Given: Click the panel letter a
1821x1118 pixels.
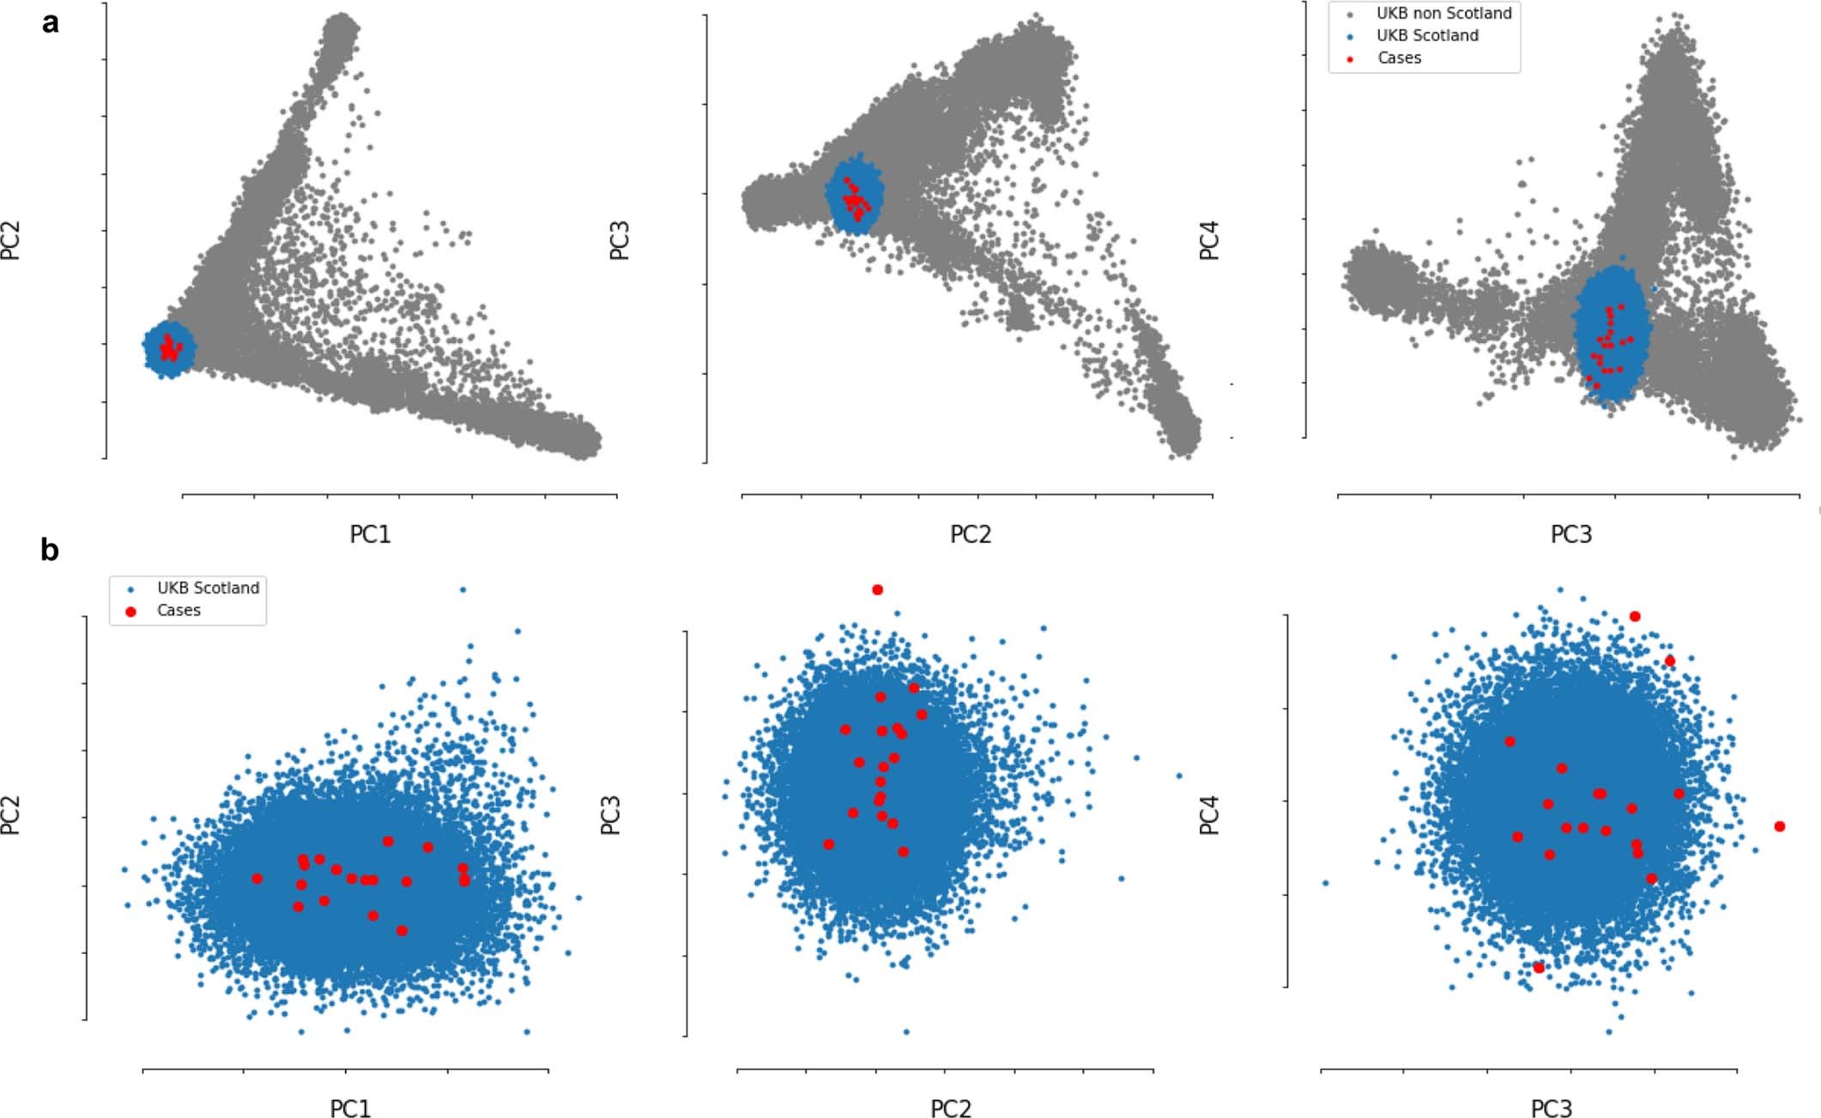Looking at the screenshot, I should (51, 23).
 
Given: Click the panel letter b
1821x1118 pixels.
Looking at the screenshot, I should (50, 550).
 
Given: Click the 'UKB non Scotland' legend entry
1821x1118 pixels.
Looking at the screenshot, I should (1443, 13).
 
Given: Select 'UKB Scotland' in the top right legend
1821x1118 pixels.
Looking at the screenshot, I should (1427, 35).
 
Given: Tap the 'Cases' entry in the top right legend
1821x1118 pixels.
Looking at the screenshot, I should (1399, 57).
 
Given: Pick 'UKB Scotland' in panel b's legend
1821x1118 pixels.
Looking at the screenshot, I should (208, 588).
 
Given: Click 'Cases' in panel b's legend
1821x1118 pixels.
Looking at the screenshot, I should (178, 610).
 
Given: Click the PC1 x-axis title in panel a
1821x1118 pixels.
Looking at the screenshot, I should (370, 535).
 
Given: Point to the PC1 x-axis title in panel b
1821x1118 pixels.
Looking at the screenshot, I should (350, 1109).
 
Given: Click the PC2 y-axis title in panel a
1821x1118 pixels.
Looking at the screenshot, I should (11, 241).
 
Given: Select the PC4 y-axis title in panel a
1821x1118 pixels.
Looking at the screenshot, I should (1209, 241).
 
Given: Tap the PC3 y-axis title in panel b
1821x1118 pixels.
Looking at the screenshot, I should (610, 815).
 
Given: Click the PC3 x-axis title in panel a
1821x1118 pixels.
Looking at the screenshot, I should (1570, 535).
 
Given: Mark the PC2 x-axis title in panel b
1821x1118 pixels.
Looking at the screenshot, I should (951, 1109).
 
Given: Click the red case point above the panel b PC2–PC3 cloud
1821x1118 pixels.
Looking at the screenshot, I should (877, 589).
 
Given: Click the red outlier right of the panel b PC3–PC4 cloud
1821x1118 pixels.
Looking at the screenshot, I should (1779, 826).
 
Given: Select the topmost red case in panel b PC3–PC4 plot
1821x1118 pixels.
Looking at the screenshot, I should (1635, 616).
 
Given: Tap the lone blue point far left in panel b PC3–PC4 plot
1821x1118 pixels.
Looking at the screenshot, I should (1326, 883).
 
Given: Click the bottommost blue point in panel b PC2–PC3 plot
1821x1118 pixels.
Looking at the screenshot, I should (906, 1031).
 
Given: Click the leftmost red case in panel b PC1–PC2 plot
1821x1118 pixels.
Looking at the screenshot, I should (257, 879).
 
